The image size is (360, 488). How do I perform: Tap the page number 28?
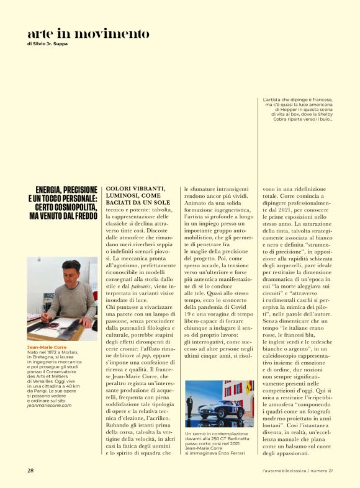coord(30,470)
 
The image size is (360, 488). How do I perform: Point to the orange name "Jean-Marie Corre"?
coord(46,347)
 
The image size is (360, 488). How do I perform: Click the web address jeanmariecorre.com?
coord(49,405)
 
